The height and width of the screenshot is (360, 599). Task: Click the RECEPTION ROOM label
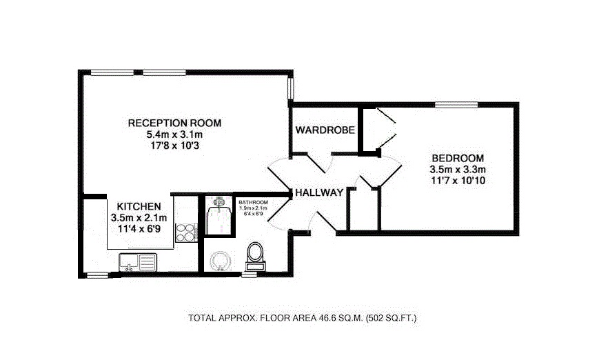(174, 123)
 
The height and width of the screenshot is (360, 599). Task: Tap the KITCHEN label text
(139, 206)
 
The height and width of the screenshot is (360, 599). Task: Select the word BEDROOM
(458, 157)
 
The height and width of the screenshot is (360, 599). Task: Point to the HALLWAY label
(319, 193)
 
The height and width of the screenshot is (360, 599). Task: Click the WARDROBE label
(325, 130)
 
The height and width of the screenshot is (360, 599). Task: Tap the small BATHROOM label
(253, 201)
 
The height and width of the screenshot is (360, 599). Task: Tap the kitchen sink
(137, 261)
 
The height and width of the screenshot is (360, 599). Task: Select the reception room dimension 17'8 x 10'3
(174, 146)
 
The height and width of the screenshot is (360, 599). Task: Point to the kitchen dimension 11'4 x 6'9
(139, 228)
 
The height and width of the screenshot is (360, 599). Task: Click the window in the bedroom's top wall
(456, 106)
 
